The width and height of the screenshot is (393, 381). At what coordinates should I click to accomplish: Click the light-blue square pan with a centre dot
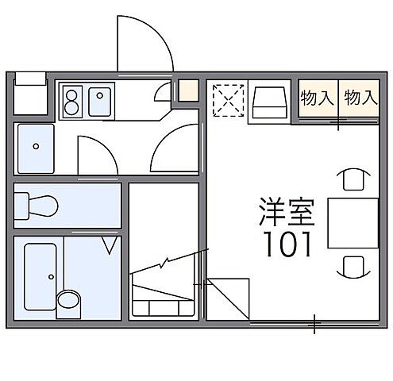[x=35, y=148]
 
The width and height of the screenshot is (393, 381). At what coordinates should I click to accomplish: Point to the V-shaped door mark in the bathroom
[x=110, y=244]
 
